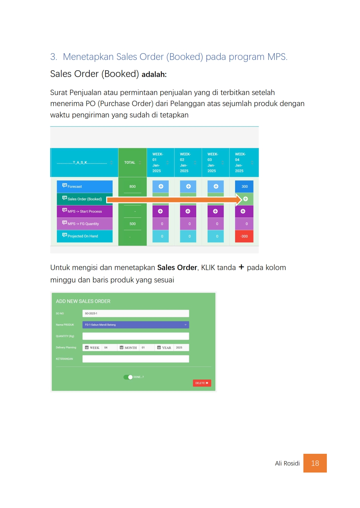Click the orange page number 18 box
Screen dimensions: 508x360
point(315,463)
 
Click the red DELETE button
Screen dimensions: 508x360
point(202,383)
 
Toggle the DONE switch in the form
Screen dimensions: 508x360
point(128,377)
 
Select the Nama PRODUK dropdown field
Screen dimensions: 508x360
point(136,325)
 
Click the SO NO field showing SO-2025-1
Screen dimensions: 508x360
point(136,314)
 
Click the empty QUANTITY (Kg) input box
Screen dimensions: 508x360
point(136,336)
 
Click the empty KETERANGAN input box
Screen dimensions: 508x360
point(136,359)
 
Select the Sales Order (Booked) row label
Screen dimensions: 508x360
point(84,199)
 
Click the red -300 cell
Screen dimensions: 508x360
point(244,236)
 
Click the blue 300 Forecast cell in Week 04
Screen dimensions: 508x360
point(244,186)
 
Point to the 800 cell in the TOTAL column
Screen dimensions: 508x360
point(133,186)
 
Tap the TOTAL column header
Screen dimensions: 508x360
point(130,163)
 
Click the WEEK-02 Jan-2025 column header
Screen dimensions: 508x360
point(185,163)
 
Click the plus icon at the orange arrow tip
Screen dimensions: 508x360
point(245,199)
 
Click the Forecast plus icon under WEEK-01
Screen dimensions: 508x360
point(161,186)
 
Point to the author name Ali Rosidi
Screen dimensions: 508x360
point(287,463)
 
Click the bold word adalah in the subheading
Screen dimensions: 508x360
point(154,75)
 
